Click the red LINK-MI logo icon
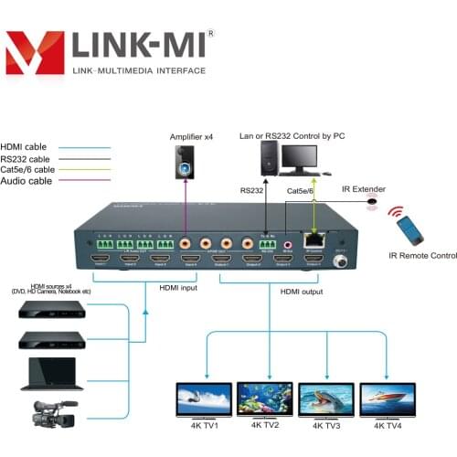point(36,52)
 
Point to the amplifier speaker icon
point(186,168)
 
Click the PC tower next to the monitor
point(269,162)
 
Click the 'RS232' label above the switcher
point(251,191)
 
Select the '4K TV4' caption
point(388,425)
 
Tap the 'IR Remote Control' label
point(421,256)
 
